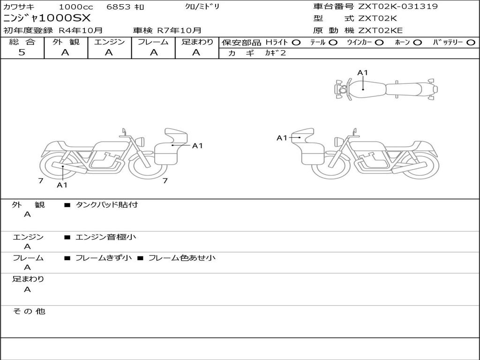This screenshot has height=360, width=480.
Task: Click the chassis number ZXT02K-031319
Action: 398,6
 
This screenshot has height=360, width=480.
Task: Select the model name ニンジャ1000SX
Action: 47,18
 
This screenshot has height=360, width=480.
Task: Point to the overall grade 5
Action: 22,52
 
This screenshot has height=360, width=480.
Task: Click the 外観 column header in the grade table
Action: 66,42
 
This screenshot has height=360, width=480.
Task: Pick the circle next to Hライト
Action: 296,43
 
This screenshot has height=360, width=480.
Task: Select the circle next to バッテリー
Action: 471,43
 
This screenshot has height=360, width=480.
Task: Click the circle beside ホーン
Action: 417,43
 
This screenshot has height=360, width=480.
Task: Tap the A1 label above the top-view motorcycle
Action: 362,73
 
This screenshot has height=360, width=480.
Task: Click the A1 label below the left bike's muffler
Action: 62,185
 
